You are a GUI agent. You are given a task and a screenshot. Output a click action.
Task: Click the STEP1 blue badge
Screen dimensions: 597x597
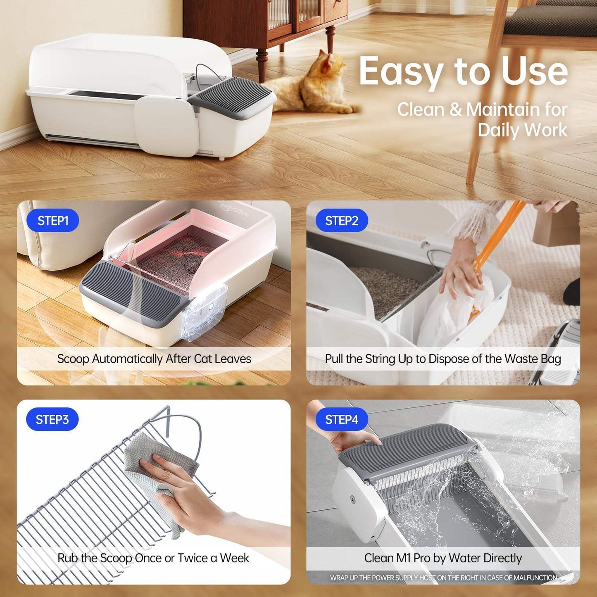(52, 221)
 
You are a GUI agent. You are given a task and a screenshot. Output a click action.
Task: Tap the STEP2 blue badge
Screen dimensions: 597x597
(342, 221)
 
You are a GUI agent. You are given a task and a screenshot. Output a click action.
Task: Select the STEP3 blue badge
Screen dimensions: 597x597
(52, 419)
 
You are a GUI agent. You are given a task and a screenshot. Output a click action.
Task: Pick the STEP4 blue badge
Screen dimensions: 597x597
(342, 419)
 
